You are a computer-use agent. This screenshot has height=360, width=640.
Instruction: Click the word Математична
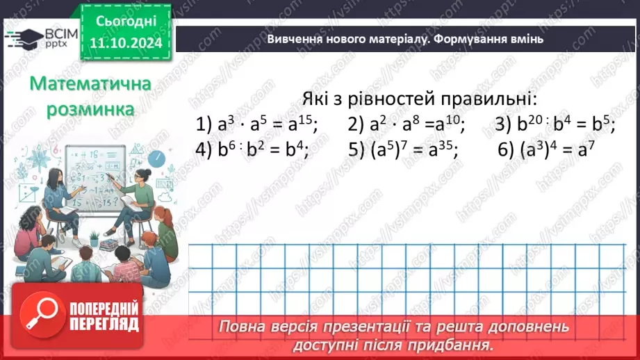tap(91, 85)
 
